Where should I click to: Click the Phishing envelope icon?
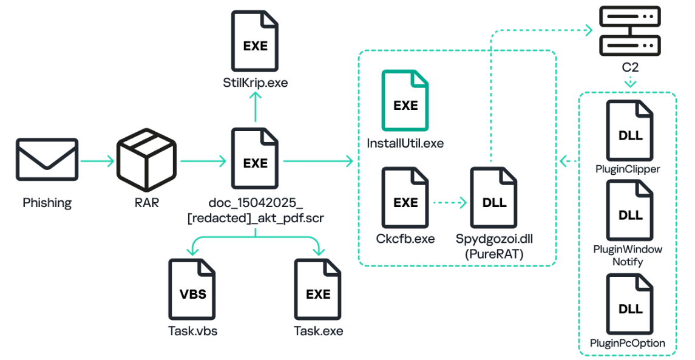[47, 159]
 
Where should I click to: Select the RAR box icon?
[146, 160]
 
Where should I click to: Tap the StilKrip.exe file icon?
[255, 41]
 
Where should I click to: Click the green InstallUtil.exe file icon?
[405, 101]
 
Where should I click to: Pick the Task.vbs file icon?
[192, 290]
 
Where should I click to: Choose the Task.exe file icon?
[318, 290]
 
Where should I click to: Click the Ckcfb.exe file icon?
[405, 198]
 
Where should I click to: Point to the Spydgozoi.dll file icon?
[493, 198]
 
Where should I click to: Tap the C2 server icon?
[630, 30]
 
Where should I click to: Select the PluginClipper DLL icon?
[630, 131]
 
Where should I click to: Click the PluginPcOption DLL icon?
[630, 304]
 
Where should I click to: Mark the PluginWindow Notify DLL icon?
[630, 210]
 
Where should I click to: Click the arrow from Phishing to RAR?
[97, 161]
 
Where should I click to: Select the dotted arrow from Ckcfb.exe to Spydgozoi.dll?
[449, 203]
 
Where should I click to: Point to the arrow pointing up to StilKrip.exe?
[256, 107]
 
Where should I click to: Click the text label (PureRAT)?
[493, 254]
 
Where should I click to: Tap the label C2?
[630, 67]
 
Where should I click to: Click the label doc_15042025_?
[256, 203]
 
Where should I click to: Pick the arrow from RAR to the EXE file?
[203, 161]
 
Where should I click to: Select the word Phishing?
[47, 203]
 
